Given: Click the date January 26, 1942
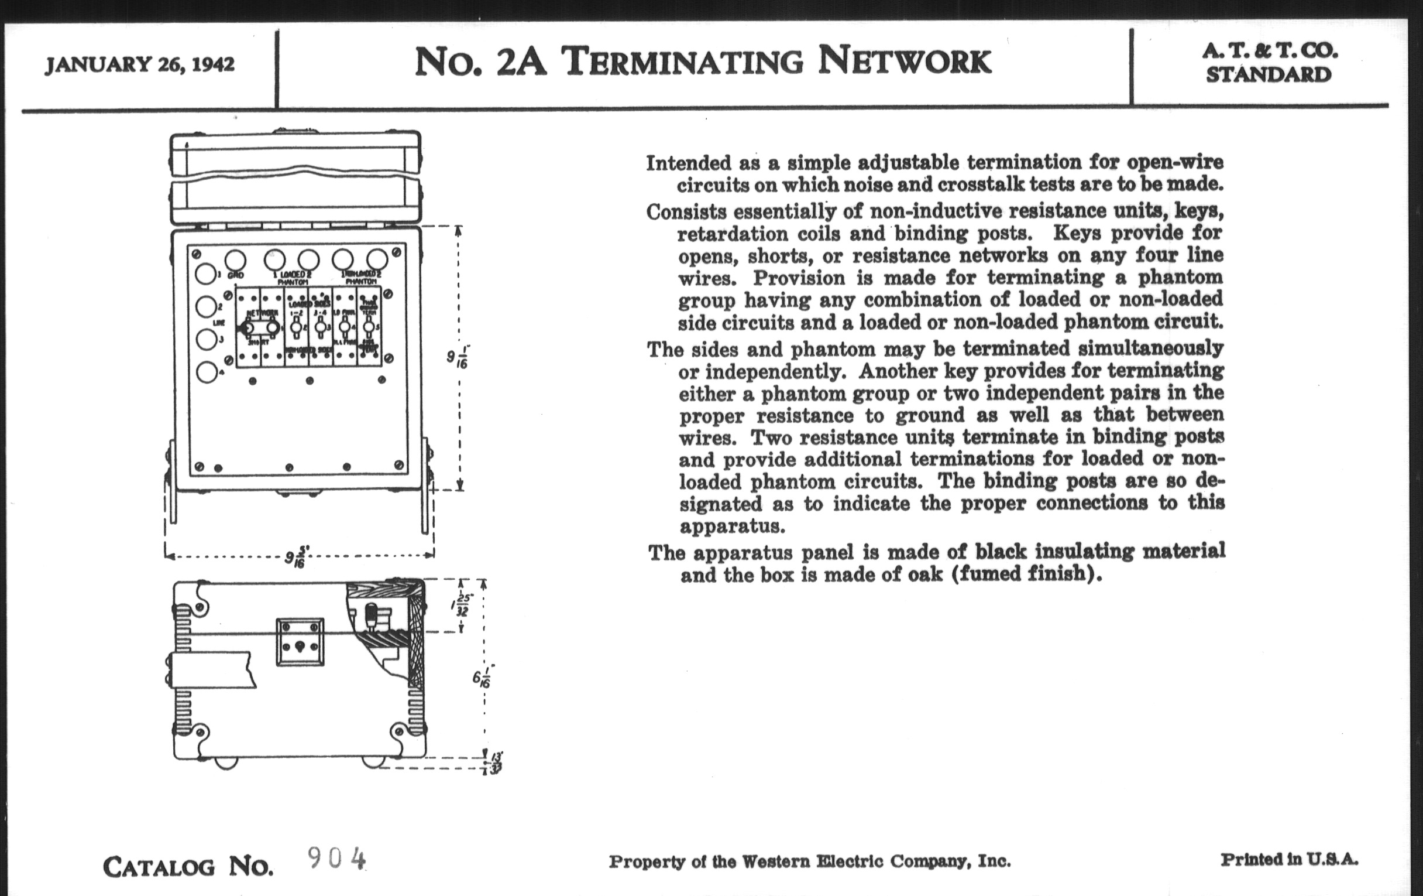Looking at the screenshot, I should pos(140,64).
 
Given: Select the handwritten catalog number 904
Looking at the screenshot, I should pos(336,858).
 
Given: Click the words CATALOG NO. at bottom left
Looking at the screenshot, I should pos(188,867).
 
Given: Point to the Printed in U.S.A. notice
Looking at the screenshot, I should pos(1290,859).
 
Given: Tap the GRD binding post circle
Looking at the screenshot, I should pos(235,260).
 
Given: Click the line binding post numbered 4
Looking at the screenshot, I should pos(205,372).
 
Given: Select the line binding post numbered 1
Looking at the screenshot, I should pos(205,274).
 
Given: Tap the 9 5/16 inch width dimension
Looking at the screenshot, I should pos(295,558).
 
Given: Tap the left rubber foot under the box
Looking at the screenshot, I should pos(225,763).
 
